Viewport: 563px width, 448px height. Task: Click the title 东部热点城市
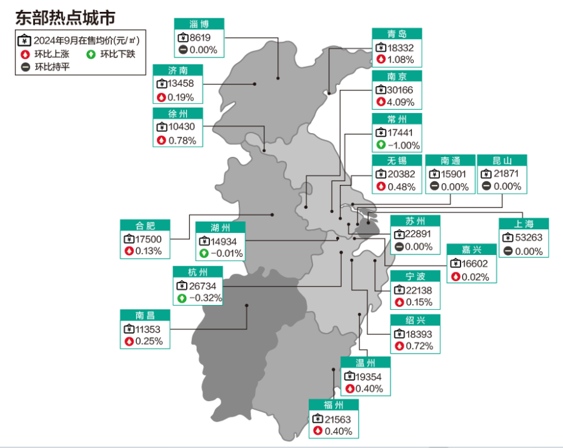click(64, 17)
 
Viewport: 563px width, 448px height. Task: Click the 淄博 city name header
click(198, 24)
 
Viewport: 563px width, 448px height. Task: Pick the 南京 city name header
click(396, 77)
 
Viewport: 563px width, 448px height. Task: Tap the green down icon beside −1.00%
click(380, 145)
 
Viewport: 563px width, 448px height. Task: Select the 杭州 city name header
click(197, 272)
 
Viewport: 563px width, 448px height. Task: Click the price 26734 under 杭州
click(204, 285)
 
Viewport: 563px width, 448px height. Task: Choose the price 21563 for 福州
click(339, 419)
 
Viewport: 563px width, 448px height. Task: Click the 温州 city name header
click(365, 363)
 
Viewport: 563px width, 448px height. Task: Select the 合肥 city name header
click(144, 226)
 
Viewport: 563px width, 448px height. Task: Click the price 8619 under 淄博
click(203, 37)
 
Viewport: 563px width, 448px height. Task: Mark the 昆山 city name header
click(502, 161)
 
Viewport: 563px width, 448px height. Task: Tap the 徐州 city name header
click(178, 114)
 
